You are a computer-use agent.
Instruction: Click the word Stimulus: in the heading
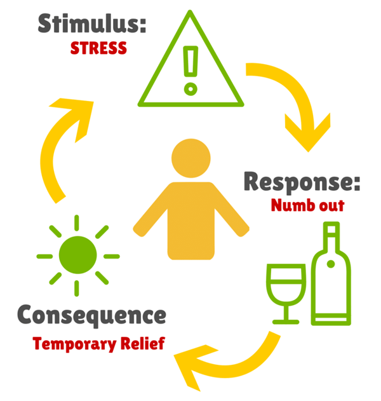tap(91, 24)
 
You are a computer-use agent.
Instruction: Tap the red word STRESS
tap(98, 48)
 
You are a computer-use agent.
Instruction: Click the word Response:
tap(302, 182)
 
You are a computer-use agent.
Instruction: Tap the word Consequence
tap(91, 314)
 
